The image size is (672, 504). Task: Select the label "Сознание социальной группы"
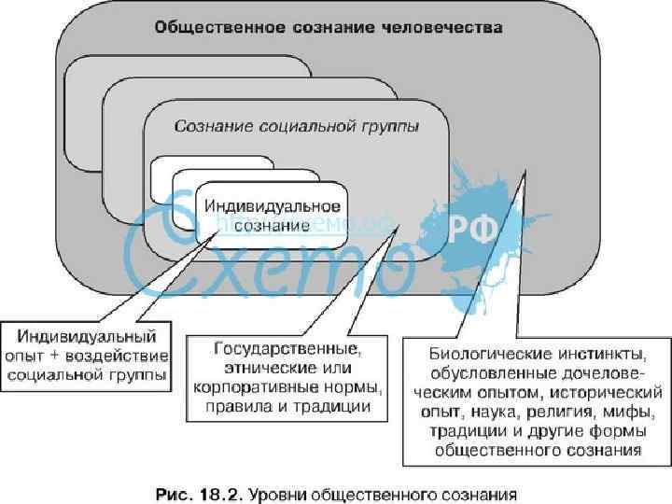coord(298,124)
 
